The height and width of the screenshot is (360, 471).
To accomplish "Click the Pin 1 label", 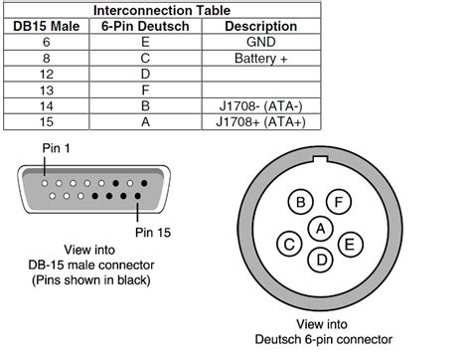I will point(58,148).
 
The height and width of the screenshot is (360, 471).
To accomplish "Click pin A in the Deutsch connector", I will point(319,228).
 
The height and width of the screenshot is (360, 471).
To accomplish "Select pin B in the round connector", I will point(299,203).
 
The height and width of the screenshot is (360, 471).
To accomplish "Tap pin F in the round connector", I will point(339,203).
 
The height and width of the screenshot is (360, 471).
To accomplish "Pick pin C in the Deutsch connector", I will point(289,242).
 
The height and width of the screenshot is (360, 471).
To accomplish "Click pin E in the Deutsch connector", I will point(348,242).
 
